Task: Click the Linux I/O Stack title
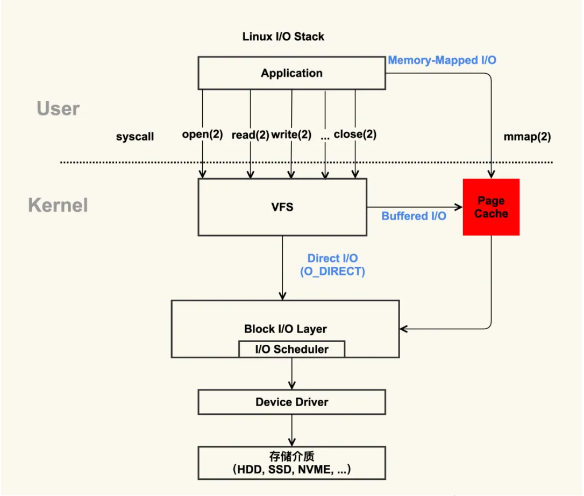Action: coord(283,37)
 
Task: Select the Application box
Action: coord(291,74)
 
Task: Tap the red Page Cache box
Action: coord(491,207)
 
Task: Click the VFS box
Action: coord(282,207)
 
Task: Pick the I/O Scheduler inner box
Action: coord(291,349)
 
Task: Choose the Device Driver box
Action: coord(291,402)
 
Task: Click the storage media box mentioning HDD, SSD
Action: coord(291,463)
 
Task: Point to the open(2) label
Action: coord(202,134)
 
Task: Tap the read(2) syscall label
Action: coord(250,135)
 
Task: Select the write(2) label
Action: coord(291,134)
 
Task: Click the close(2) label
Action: coord(355,134)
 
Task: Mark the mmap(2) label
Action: coord(527,137)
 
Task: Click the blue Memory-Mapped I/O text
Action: coord(442,60)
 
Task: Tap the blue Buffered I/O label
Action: coord(414,216)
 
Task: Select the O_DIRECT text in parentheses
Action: coord(332,272)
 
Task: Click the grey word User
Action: coord(58,109)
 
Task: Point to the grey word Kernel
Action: coord(58,205)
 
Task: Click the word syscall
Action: coord(135,137)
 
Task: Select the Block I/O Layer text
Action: coord(285,329)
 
